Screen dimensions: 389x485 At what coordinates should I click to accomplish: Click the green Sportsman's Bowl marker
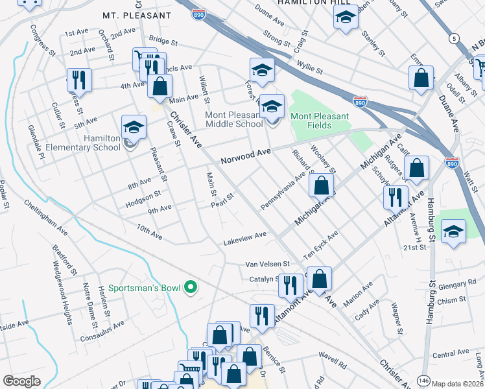click(x=190, y=287)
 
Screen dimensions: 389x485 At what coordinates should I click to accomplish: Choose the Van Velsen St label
click(x=267, y=264)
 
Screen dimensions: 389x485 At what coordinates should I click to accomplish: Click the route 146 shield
click(x=424, y=380)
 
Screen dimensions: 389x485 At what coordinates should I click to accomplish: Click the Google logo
click(x=21, y=381)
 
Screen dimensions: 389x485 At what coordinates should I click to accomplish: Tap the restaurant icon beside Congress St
click(x=79, y=80)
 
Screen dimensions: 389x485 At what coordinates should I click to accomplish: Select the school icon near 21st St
click(x=453, y=231)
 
